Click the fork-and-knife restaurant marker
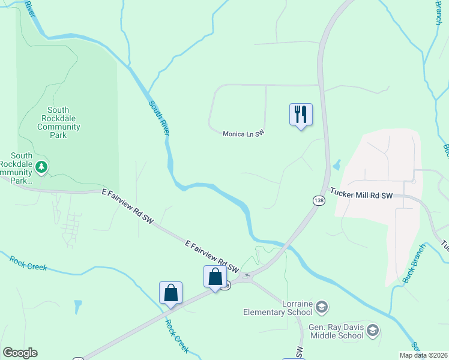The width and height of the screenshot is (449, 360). [301, 115]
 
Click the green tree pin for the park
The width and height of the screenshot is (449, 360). [41, 166]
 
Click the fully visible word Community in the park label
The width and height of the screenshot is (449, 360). [58, 127]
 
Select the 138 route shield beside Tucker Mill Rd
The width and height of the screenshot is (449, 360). [318, 200]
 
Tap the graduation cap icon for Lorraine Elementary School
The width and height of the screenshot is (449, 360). [322, 308]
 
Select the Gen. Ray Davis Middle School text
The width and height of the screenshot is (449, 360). [336, 331]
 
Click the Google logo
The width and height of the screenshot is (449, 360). [20, 353]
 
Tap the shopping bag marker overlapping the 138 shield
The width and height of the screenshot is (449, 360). [215, 277]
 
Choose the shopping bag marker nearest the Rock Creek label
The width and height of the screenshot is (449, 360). [170, 293]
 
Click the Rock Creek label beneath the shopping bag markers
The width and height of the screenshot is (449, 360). [178, 334]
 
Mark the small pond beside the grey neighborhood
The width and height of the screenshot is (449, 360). [336, 164]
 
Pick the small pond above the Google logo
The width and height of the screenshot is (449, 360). [78, 307]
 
